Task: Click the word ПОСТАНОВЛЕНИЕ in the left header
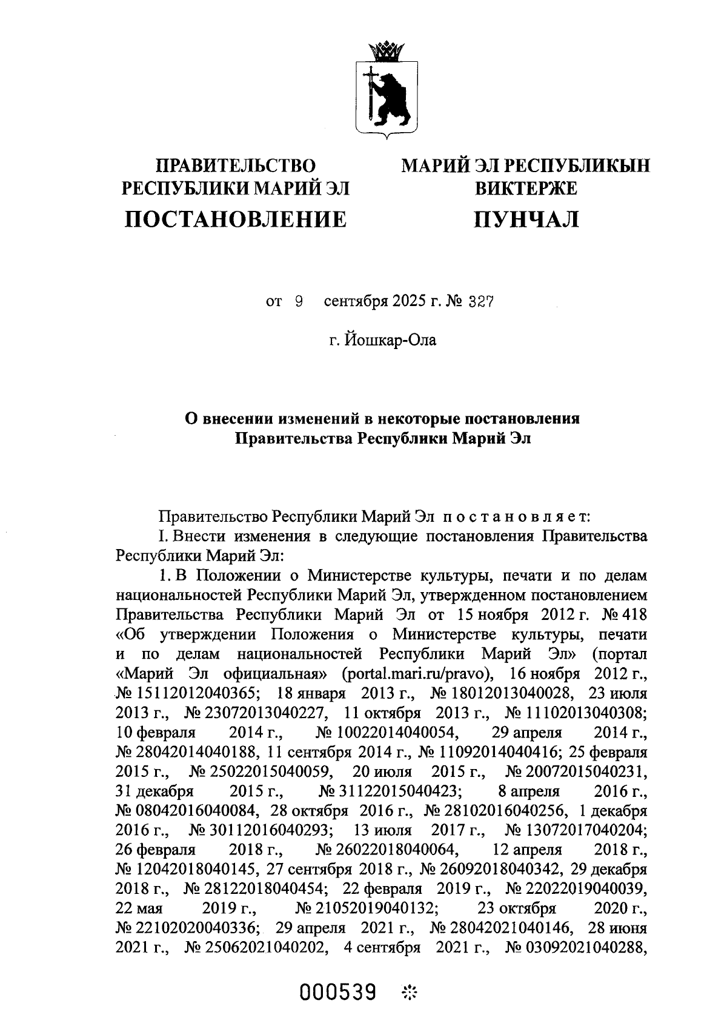click(236, 219)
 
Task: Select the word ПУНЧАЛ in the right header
click(526, 219)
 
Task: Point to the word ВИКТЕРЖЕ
click(526, 188)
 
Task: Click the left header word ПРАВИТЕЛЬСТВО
click(236, 165)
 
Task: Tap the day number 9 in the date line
click(298, 302)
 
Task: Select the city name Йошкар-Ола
click(391, 340)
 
